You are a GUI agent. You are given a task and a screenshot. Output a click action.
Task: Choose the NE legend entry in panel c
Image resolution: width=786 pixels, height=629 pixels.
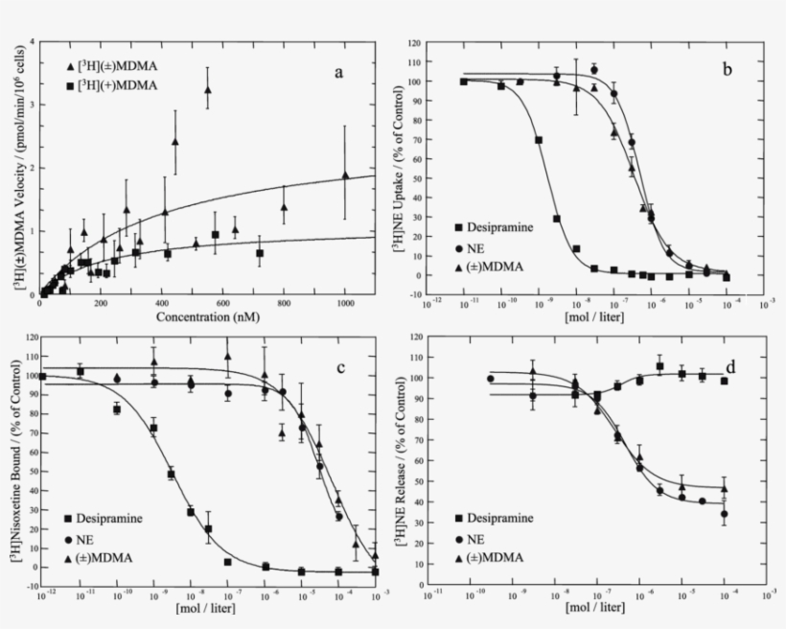(x=94, y=538)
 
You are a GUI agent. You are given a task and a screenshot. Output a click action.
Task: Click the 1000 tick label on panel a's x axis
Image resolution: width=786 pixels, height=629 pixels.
(x=344, y=305)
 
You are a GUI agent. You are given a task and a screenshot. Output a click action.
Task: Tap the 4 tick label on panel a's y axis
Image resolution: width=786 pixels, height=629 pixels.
(x=34, y=42)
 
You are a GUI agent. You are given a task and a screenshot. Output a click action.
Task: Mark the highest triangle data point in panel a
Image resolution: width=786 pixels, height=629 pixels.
(x=207, y=89)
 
